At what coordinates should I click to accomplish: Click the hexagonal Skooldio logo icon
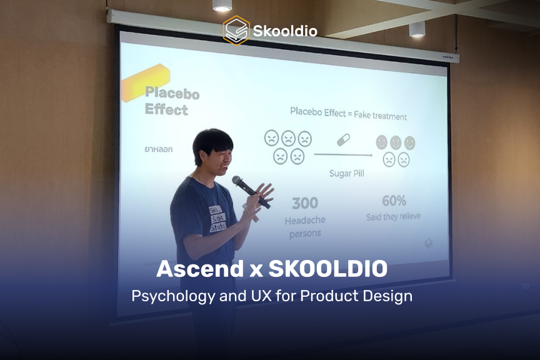pos(236,30)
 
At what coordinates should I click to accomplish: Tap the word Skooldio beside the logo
pos(285,31)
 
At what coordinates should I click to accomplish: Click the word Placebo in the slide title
pos(172,94)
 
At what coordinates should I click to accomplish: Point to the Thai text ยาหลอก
pos(159,149)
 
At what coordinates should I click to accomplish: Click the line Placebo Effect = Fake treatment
pos(348,115)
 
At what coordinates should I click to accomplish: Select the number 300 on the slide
pos(305,203)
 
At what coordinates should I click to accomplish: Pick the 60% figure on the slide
pos(394,201)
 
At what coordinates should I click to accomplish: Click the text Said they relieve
pos(393,216)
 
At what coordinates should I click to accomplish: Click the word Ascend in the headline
pos(194,269)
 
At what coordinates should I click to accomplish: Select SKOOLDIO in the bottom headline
pos(328,269)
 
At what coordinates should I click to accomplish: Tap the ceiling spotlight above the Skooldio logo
pos(222,6)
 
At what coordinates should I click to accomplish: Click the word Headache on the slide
pos(305,221)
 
